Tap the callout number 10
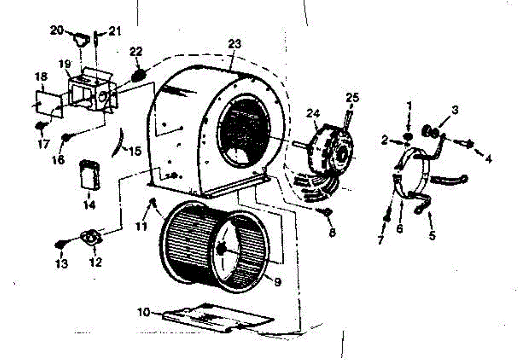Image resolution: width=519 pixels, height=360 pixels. point(145,312)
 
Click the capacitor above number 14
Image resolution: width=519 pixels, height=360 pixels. point(90,174)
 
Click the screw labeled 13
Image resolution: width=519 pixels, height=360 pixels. point(60,245)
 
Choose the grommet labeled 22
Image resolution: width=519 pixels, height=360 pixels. point(138,75)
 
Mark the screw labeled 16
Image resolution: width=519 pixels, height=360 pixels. point(67,138)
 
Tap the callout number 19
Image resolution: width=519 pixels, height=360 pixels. point(64,64)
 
